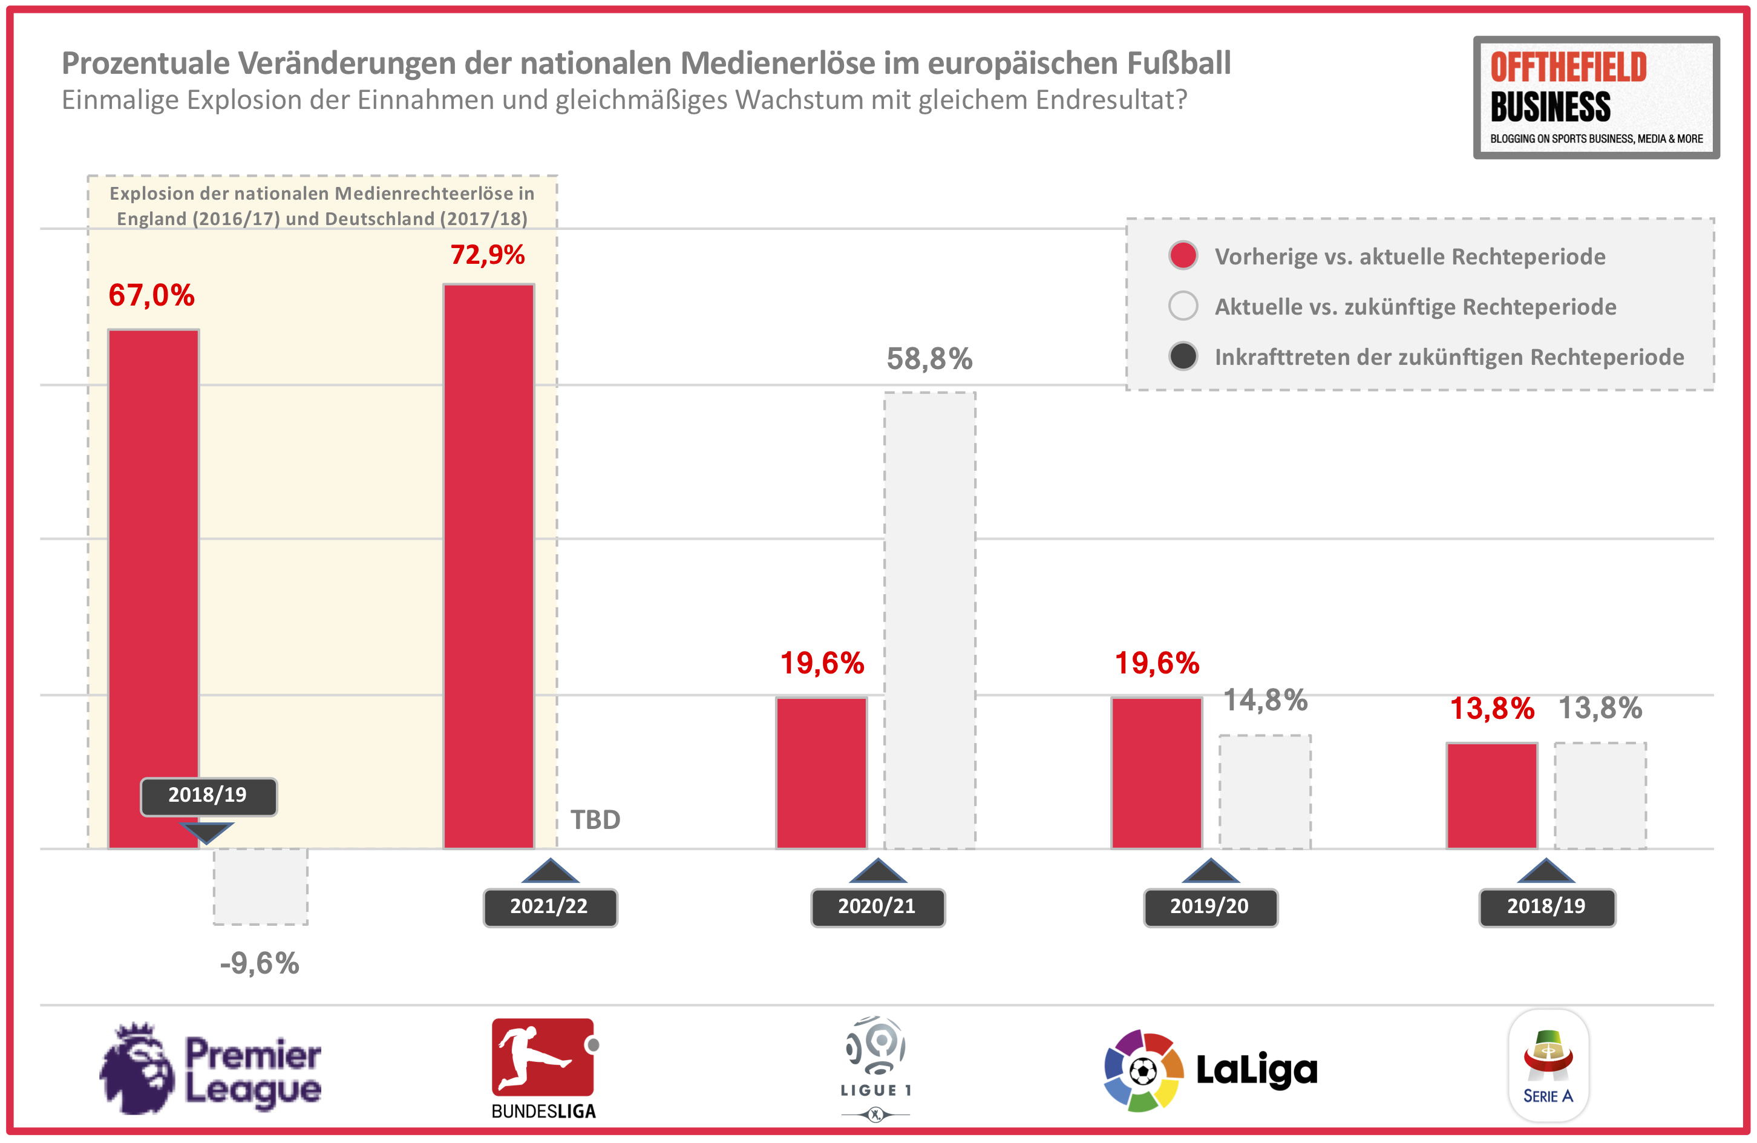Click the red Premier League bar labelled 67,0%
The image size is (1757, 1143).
pos(154,554)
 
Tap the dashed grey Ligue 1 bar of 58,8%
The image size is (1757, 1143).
pos(929,620)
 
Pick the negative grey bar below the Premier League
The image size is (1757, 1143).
pos(261,886)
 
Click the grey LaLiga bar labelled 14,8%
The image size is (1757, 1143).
pos(1265,791)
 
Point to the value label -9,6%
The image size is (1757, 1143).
pos(260,963)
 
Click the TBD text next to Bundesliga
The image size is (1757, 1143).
pos(595,820)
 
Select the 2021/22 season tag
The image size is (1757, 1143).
pos(550,907)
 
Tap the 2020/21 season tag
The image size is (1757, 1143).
pos(877,907)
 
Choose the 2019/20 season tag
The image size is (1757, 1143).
pos(1210,907)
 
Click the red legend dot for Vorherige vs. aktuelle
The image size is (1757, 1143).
pos(1183,255)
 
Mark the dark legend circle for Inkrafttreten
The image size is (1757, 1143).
pos(1183,356)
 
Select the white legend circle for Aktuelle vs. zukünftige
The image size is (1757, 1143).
pos(1183,306)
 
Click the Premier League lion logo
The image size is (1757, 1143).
pos(137,1068)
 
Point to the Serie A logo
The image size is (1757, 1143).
pos(1548,1066)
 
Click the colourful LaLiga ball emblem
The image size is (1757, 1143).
pos(1143,1070)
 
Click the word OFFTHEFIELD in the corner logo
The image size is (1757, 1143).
pos(1568,67)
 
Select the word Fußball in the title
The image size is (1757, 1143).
pos(1178,64)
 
